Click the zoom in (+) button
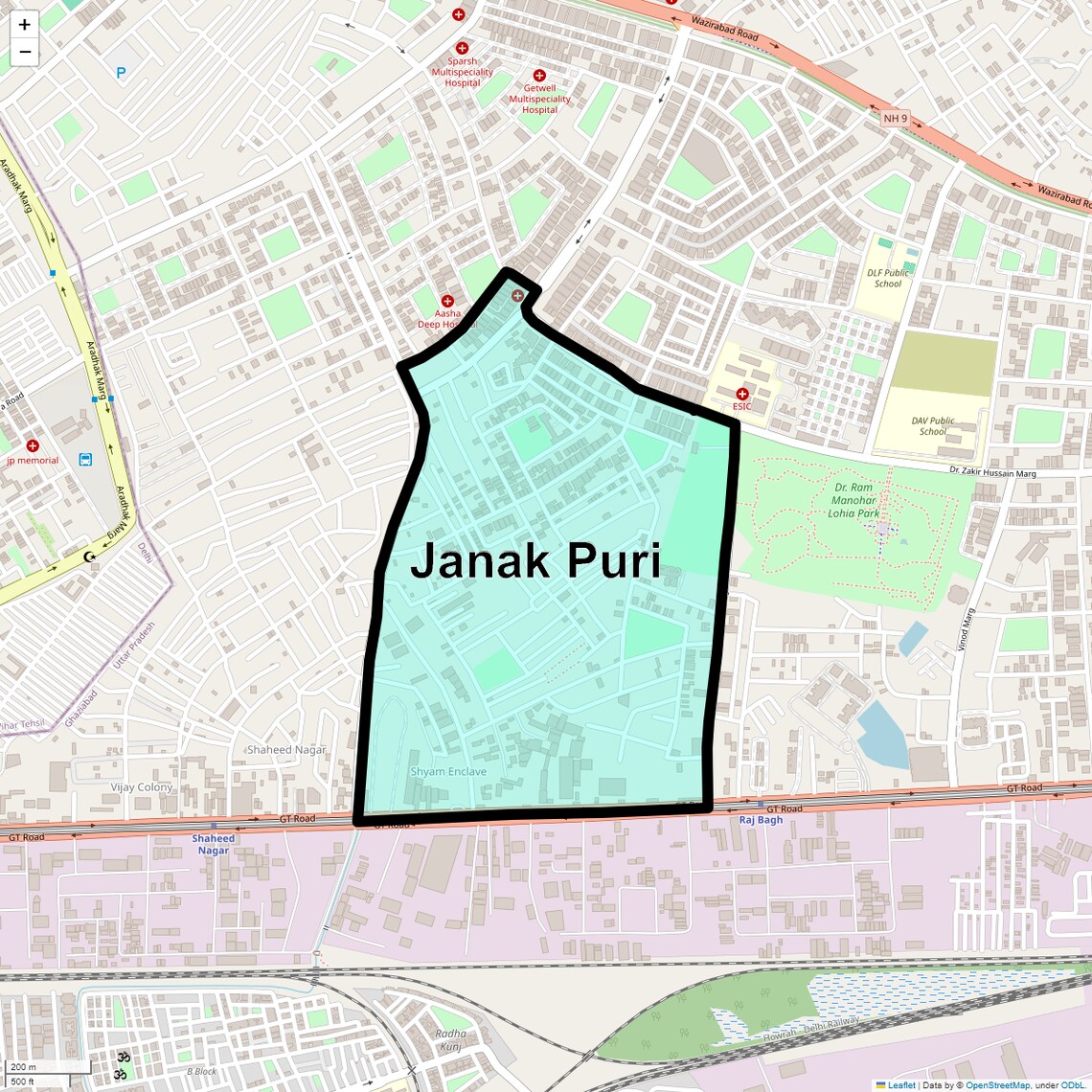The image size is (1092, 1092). click(x=25, y=25)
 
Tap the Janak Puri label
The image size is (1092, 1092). click(x=535, y=561)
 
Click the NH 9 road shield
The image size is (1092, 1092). click(x=894, y=119)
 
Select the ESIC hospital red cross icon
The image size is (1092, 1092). click(x=741, y=394)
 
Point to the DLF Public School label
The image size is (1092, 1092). click(x=888, y=278)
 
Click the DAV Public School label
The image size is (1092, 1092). click(x=933, y=426)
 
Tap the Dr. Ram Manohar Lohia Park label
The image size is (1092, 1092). click(x=854, y=501)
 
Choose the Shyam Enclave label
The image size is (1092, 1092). click(x=448, y=771)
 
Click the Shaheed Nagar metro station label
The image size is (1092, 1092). click(x=213, y=844)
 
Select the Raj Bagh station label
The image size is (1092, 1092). click(x=761, y=820)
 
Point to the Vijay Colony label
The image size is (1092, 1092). click(x=142, y=787)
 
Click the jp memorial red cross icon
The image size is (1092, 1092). click(x=33, y=445)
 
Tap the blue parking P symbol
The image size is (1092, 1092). click(x=121, y=72)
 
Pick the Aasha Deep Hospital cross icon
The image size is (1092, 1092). click(x=446, y=301)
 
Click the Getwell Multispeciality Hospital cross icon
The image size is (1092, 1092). click(x=539, y=75)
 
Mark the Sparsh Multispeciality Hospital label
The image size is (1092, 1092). click(x=463, y=72)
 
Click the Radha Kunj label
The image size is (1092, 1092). click(x=451, y=1039)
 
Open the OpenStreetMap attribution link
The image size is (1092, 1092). click(x=996, y=1085)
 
